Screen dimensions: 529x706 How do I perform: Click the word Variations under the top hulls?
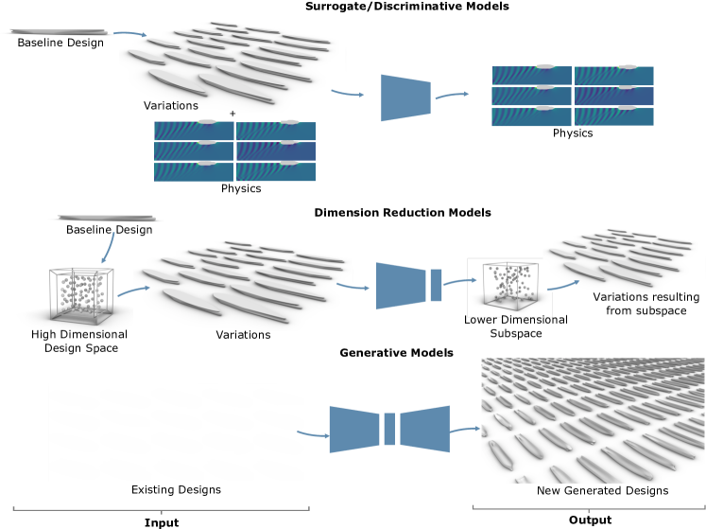tap(171, 105)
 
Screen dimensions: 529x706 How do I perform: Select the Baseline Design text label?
tap(109, 230)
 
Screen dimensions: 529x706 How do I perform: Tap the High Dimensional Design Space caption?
tap(78, 341)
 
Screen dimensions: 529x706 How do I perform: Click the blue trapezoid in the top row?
tap(405, 97)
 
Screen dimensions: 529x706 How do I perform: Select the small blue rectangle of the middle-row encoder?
tap(436, 285)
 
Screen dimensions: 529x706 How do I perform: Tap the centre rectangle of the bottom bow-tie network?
tap(388, 429)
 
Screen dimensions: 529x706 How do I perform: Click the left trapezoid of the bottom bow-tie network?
tap(353, 429)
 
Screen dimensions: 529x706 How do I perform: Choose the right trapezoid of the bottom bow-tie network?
tap(424, 429)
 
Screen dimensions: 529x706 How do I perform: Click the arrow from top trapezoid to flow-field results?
tap(452, 95)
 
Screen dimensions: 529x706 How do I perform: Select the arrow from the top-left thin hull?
tap(130, 35)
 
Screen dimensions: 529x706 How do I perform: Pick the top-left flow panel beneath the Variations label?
tap(194, 131)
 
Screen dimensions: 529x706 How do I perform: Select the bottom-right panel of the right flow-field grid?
tap(613, 116)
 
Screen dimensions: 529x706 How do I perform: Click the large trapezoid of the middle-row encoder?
tap(402, 286)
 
